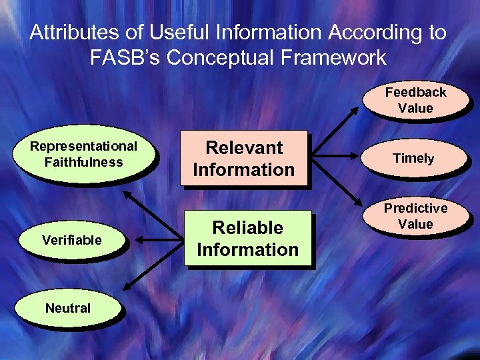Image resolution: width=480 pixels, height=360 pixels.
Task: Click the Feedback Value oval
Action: point(415,100)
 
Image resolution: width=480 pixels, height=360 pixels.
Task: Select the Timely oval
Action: point(413,158)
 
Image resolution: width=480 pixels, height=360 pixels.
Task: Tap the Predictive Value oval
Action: point(415,217)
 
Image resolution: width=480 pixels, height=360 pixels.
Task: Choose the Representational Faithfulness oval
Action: point(83,155)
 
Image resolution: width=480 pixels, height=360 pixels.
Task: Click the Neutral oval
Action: point(67,308)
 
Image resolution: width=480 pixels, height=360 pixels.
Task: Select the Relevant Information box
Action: point(243,159)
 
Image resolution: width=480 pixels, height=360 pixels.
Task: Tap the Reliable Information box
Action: point(247,239)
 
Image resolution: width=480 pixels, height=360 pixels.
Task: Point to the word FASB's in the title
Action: point(125,57)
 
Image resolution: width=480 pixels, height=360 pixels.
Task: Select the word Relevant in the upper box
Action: point(244,148)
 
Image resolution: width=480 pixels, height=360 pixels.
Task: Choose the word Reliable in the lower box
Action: point(247,228)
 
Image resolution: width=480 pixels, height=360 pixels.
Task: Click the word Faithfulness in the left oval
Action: point(83,162)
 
